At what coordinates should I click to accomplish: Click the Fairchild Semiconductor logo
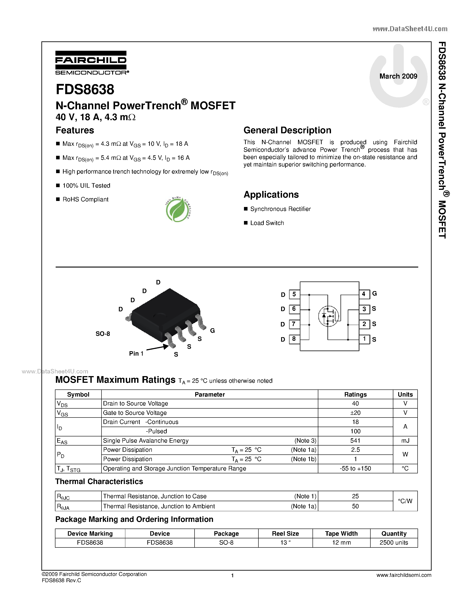(x=91, y=63)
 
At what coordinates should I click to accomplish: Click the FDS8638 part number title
(x=85, y=89)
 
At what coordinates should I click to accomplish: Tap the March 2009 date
(x=398, y=76)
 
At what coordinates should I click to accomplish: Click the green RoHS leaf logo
(x=178, y=210)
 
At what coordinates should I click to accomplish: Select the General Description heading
(x=287, y=130)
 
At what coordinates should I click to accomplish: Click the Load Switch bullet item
(x=267, y=223)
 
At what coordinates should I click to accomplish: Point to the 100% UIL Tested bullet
(x=86, y=186)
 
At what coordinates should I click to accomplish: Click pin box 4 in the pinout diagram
(x=364, y=294)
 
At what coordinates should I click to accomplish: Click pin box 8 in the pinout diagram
(x=294, y=339)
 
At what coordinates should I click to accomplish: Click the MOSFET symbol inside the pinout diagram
(x=328, y=316)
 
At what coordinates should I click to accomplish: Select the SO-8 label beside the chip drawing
(x=103, y=334)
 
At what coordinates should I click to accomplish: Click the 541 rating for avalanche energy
(x=355, y=440)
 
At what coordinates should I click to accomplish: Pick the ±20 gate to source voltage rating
(x=355, y=413)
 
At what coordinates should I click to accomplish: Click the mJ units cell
(x=405, y=440)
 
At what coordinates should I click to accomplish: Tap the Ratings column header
(x=355, y=395)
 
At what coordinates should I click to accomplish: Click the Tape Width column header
(x=341, y=533)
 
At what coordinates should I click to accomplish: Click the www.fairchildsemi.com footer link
(x=404, y=575)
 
